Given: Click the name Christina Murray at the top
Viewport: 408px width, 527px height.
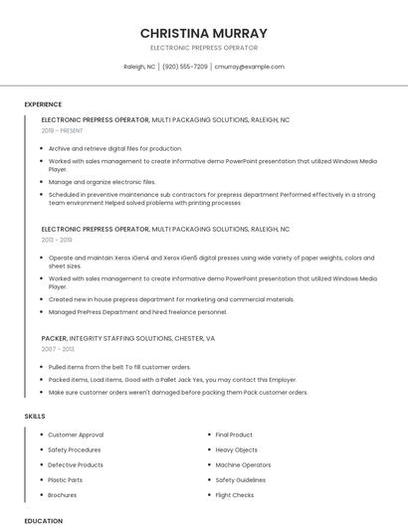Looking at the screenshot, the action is pyautogui.click(x=203, y=33).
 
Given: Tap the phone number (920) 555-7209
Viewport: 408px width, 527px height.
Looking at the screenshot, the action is pyautogui.click(x=185, y=67).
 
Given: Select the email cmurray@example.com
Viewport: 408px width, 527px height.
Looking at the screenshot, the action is pyautogui.click(x=249, y=67).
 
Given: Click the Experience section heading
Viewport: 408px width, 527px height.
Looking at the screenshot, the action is pyautogui.click(x=43, y=104).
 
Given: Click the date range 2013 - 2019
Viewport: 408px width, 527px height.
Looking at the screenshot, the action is pyautogui.click(x=57, y=240).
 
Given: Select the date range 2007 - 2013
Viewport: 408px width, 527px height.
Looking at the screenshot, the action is pyautogui.click(x=57, y=349).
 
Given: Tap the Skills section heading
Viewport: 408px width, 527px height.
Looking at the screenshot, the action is pyautogui.click(x=35, y=415).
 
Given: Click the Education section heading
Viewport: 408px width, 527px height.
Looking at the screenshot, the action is pyautogui.click(x=44, y=520).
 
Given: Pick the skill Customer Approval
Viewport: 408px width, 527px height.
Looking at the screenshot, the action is pyautogui.click(x=76, y=435).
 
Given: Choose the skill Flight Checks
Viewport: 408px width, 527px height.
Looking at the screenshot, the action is pyautogui.click(x=235, y=494).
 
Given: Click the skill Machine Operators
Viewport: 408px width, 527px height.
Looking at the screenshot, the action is pyautogui.click(x=243, y=464).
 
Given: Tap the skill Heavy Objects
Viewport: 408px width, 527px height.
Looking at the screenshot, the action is pyautogui.click(x=237, y=449).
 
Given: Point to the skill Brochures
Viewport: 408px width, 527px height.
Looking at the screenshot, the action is pyautogui.click(x=63, y=494).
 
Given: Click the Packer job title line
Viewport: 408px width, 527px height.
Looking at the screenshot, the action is pyautogui.click(x=128, y=338).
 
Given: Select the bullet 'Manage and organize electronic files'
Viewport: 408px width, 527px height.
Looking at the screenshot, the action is pyautogui.click(x=102, y=182).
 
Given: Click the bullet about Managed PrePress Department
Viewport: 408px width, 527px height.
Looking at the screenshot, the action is pyautogui.click(x=137, y=312).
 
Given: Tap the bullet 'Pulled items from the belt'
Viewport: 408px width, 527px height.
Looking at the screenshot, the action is pyautogui.click(x=119, y=367).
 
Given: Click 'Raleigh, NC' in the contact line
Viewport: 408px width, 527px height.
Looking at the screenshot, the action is pyautogui.click(x=139, y=67).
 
